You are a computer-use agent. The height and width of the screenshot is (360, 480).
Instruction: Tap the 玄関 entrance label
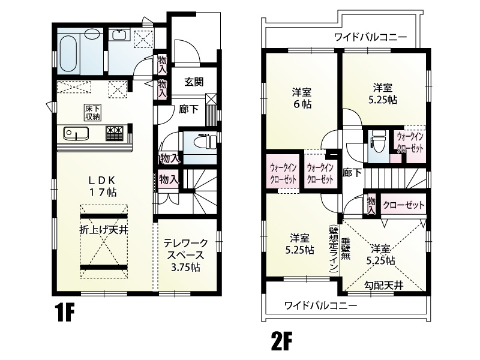click(193, 82)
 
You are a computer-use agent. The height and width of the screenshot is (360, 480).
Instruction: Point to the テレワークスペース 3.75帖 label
click(186, 254)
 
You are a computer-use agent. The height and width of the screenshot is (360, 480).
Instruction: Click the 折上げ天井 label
click(103, 230)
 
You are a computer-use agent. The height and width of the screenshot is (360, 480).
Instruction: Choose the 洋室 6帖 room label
click(301, 98)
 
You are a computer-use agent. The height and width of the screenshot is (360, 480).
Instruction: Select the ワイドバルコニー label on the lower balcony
click(320, 305)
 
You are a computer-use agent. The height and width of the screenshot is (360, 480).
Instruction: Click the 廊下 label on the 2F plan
click(352, 173)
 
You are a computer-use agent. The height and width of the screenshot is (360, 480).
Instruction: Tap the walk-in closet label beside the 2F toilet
click(410, 142)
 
